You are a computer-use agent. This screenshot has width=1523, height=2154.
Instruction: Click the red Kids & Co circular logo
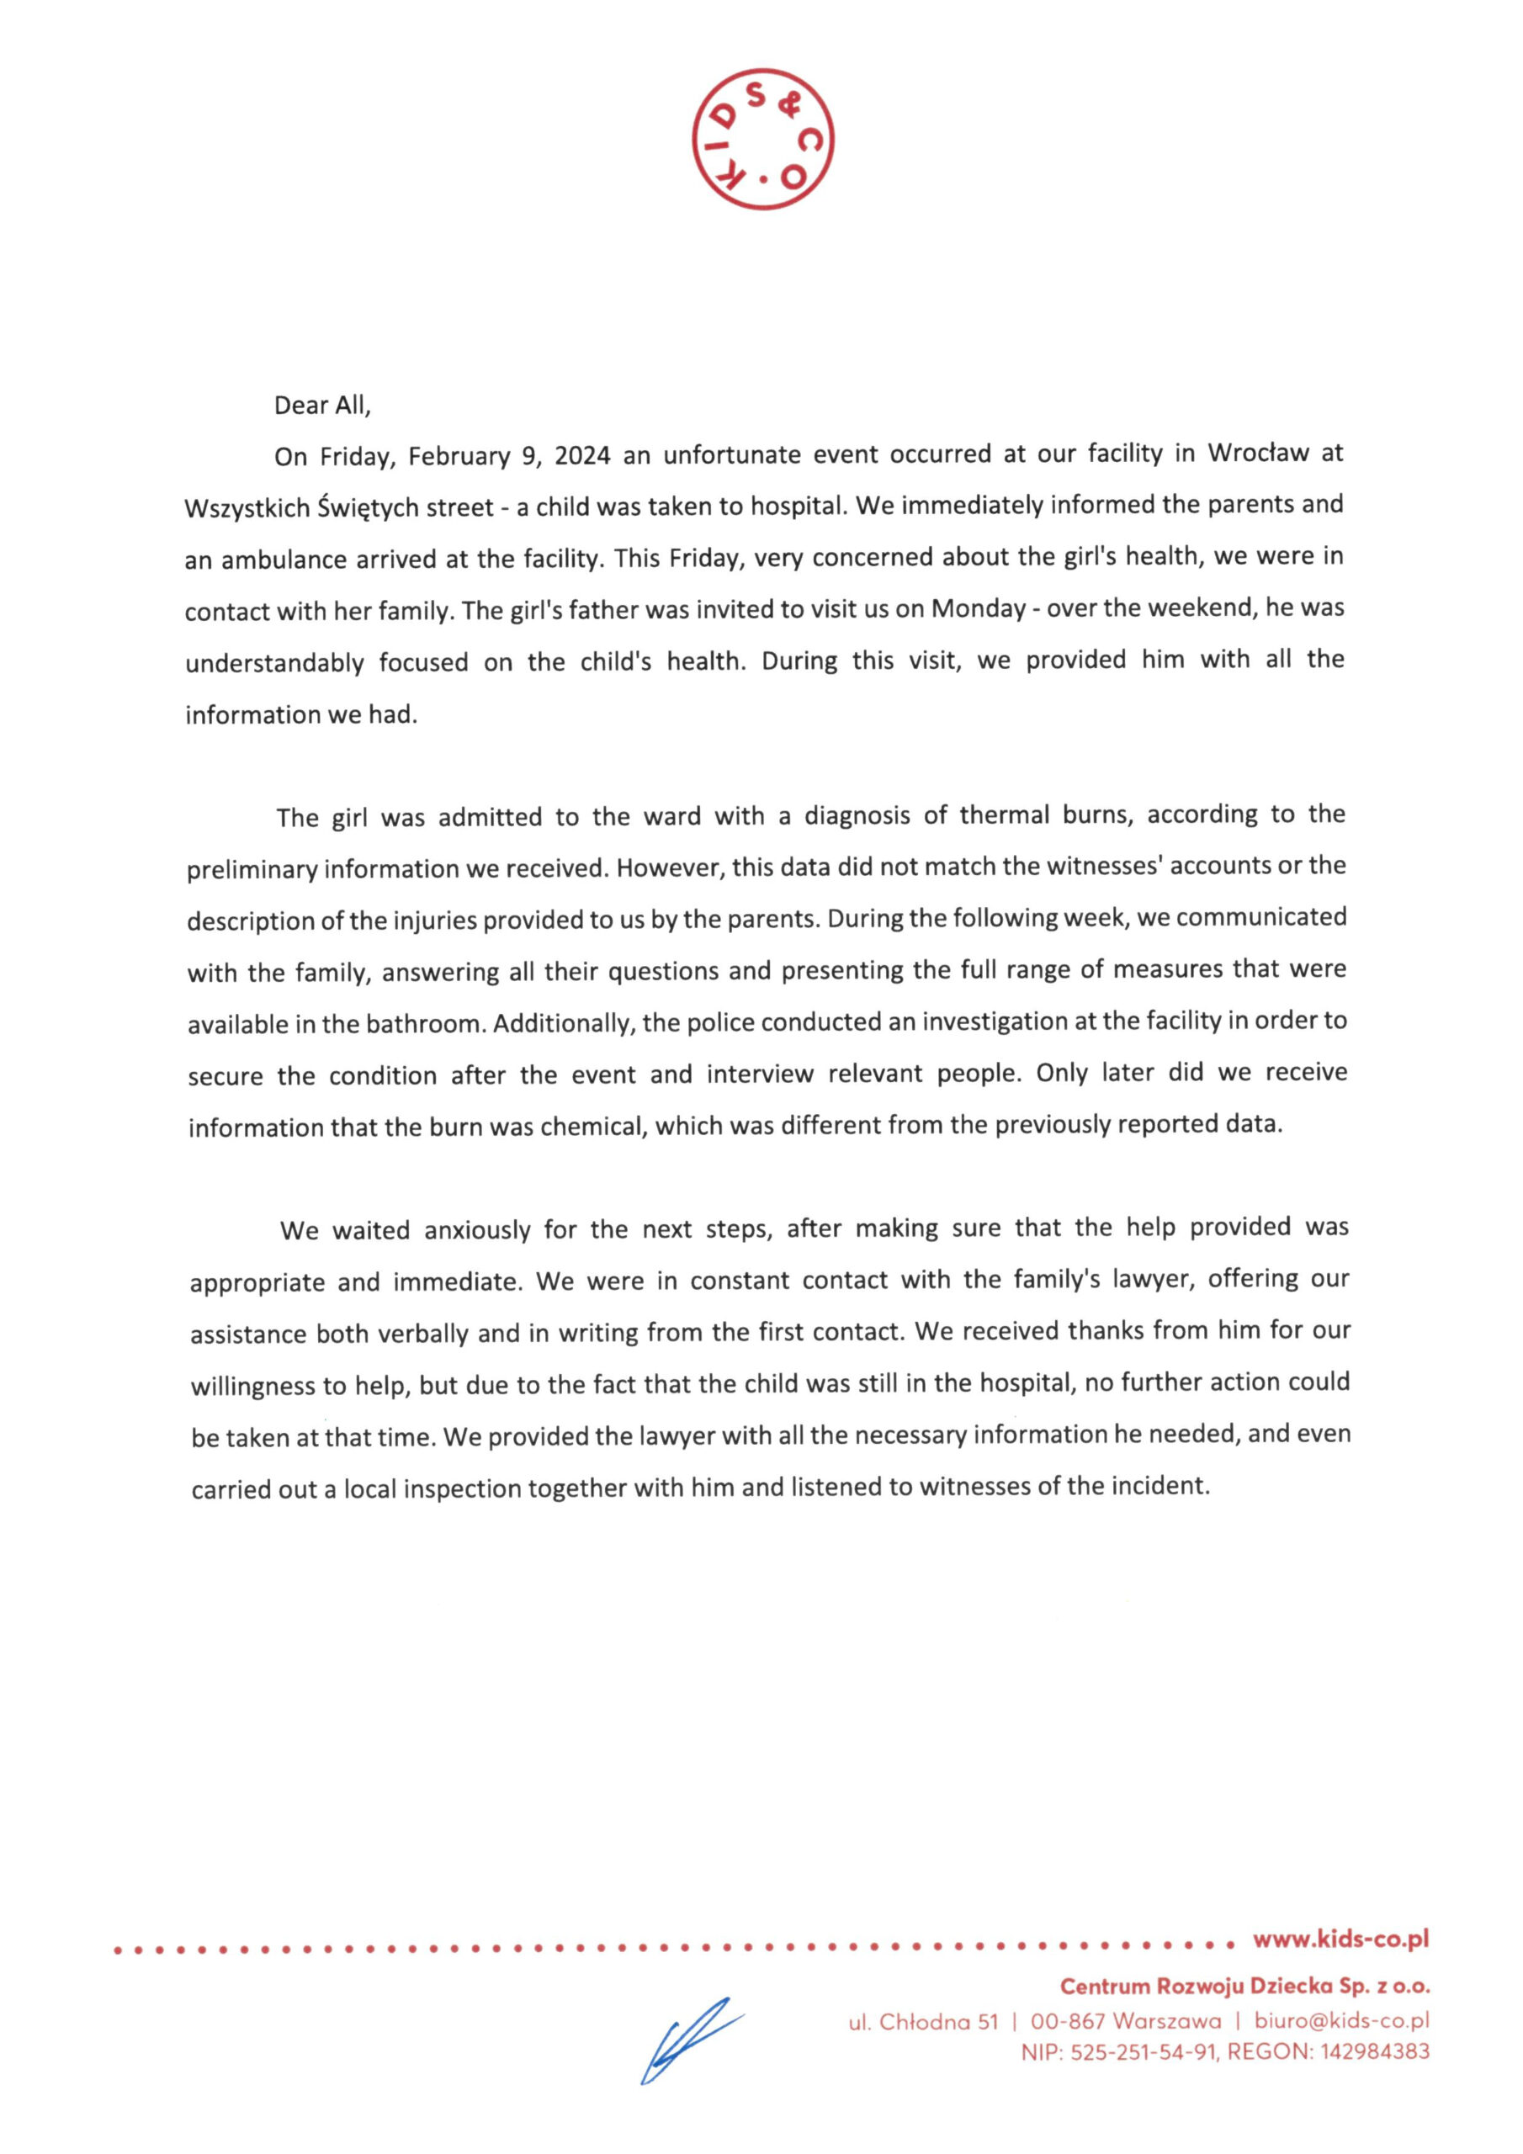[762, 139]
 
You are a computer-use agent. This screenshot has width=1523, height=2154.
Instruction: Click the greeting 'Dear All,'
[322, 406]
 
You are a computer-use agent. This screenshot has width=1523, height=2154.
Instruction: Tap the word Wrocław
[1257, 454]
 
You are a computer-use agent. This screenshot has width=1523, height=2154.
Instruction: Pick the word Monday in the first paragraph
[978, 609]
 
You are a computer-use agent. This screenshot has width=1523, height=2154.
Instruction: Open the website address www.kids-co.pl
[1340, 1939]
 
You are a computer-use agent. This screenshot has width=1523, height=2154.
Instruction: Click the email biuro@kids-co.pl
[1341, 2021]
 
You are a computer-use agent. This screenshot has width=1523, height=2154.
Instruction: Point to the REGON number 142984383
[1375, 2051]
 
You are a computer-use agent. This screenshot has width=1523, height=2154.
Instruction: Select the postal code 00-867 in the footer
[1067, 2021]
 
